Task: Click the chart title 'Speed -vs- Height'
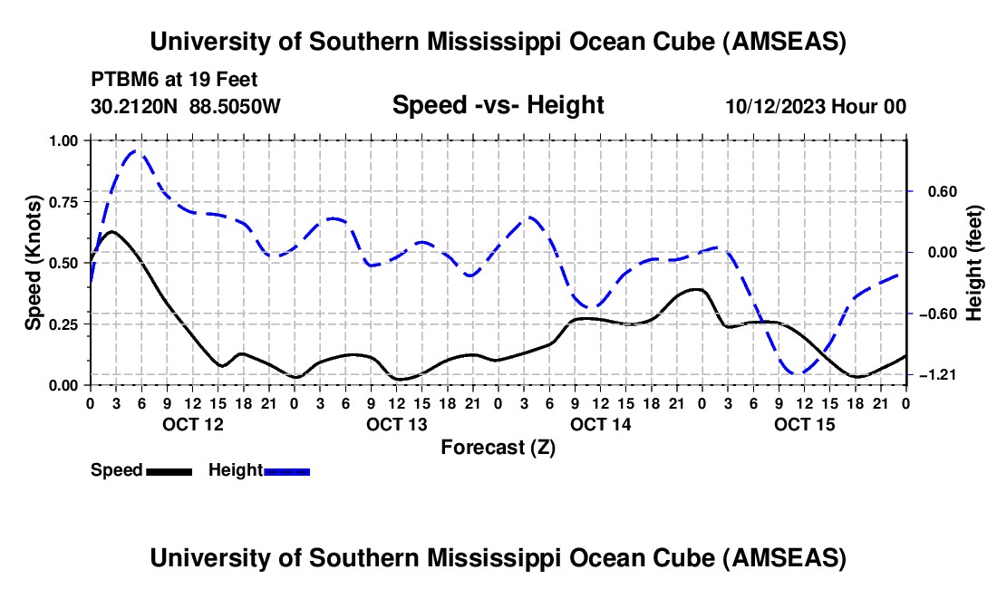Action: pos(498,105)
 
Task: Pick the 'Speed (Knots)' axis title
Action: pos(34,263)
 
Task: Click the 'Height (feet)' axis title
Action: pos(974,263)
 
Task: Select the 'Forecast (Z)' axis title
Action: pos(498,447)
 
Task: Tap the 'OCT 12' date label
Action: pos(192,424)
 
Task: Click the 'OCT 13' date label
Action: pos(396,424)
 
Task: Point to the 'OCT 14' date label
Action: pos(600,424)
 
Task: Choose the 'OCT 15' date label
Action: pos(804,424)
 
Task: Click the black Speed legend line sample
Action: pos(168,470)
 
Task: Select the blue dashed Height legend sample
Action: pos(286,470)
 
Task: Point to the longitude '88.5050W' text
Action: pos(235,106)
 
